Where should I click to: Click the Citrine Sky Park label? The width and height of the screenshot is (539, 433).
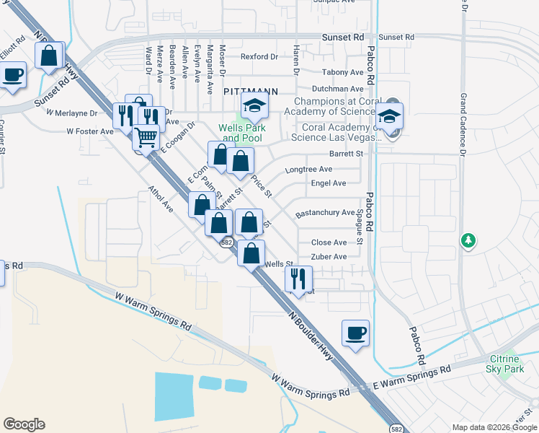pyautogui.click(x=505, y=364)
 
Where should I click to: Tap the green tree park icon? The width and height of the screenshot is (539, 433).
pyautogui.click(x=468, y=240)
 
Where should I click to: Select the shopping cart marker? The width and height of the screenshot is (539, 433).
pyautogui.click(x=146, y=137)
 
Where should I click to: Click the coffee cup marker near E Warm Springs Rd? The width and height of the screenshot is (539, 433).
pyautogui.click(x=355, y=333)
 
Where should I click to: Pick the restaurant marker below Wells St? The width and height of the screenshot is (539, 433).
pyautogui.click(x=298, y=278)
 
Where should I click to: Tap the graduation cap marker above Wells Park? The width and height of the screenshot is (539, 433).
pyautogui.click(x=254, y=107)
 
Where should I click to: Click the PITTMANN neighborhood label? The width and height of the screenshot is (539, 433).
pyautogui.click(x=250, y=92)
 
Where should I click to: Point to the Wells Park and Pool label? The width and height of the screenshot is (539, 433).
pyautogui.click(x=242, y=133)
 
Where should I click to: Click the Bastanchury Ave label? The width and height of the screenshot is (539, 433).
pyautogui.click(x=325, y=214)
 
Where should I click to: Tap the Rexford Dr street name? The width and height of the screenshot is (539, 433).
pyautogui.click(x=259, y=56)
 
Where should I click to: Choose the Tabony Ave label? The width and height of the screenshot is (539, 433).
pyautogui.click(x=343, y=72)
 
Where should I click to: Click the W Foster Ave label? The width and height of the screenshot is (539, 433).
pyautogui.click(x=90, y=131)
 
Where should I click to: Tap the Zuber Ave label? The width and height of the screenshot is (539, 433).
pyautogui.click(x=328, y=256)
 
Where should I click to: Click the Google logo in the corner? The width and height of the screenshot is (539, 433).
pyautogui.click(x=24, y=424)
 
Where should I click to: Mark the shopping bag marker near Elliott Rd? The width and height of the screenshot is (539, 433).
pyautogui.click(x=49, y=56)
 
